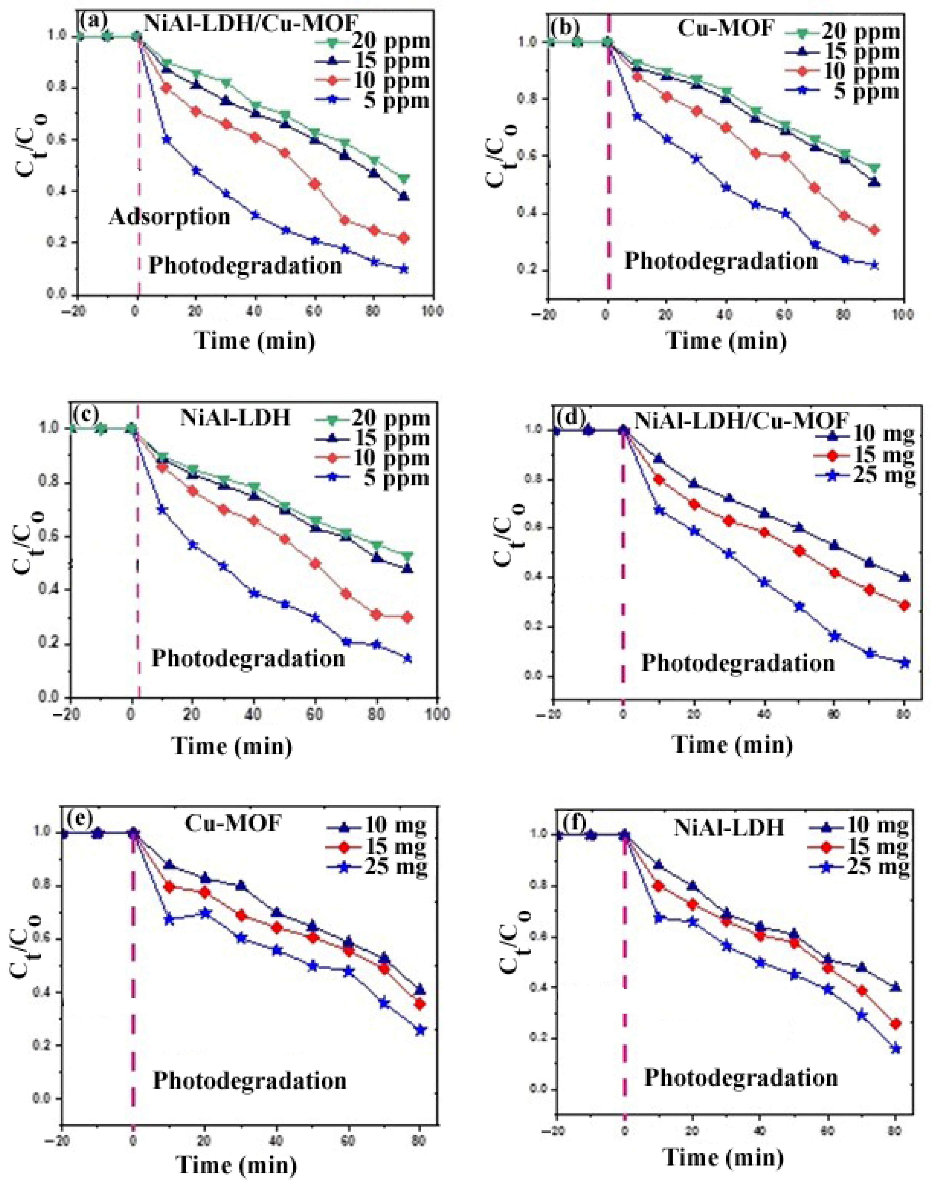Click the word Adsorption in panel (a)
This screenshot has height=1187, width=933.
pos(169,217)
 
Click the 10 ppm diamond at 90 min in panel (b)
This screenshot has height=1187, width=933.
pos(874,230)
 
